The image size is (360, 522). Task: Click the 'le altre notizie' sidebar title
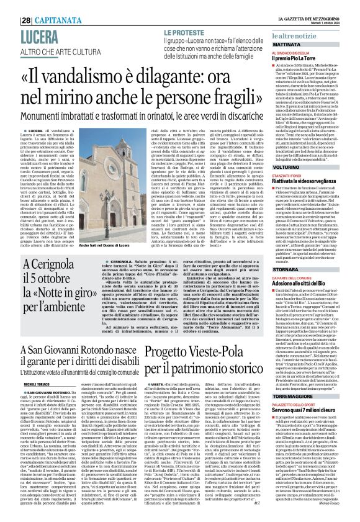pyautogui.click(x=305, y=38)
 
